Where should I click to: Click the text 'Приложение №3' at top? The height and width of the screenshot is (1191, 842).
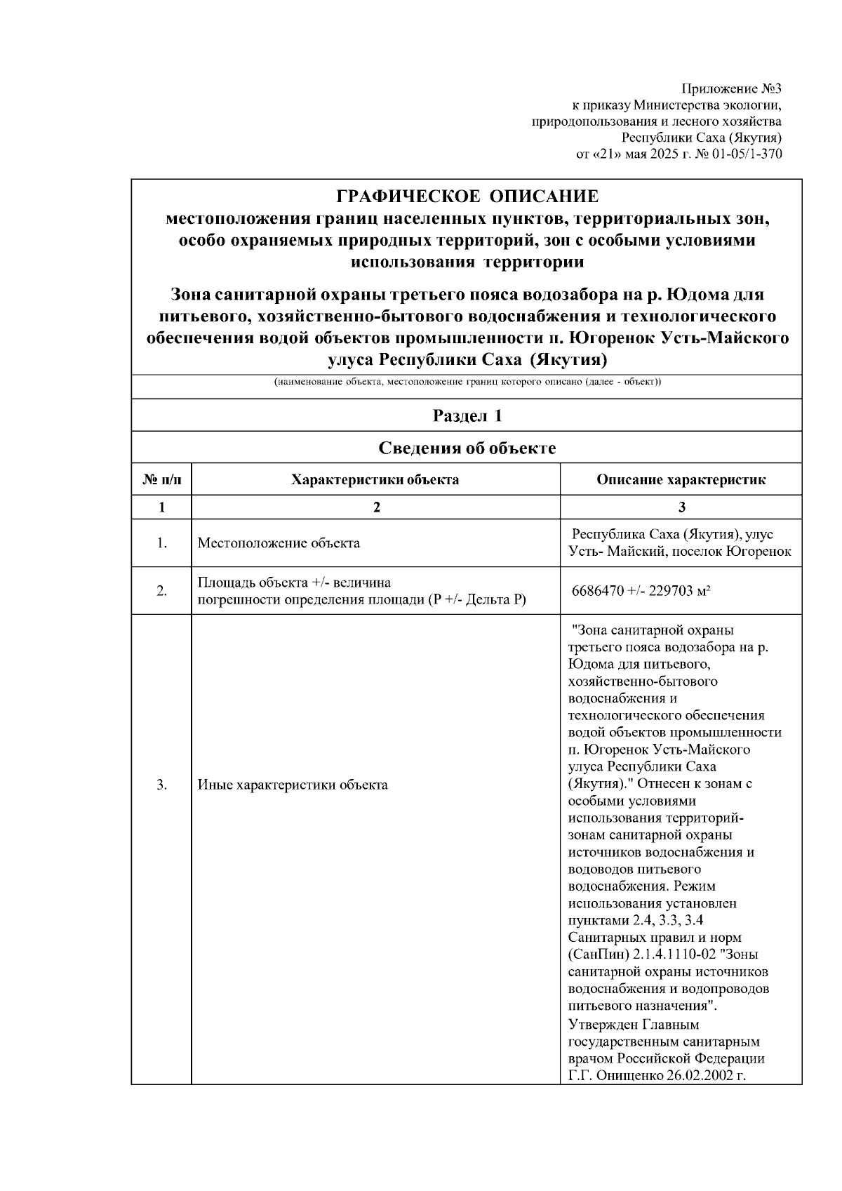pyautogui.click(x=731, y=89)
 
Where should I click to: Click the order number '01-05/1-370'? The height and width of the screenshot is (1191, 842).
pyautogui.click(x=747, y=154)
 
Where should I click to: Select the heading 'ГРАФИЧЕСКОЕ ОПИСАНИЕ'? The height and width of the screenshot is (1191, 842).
pyautogui.click(x=467, y=196)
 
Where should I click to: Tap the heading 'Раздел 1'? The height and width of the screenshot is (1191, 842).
pyautogui.click(x=467, y=415)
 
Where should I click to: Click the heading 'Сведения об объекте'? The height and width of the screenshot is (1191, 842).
pyautogui.click(x=467, y=448)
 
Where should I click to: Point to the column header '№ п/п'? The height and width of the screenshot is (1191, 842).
pyautogui.click(x=161, y=480)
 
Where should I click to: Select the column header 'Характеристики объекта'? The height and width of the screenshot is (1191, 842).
pyautogui.click(x=375, y=480)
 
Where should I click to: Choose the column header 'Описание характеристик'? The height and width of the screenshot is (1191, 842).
pyautogui.click(x=681, y=480)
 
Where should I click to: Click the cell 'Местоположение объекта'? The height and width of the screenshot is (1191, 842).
pyautogui.click(x=279, y=543)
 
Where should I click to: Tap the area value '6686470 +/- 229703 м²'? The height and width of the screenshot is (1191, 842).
pyautogui.click(x=642, y=591)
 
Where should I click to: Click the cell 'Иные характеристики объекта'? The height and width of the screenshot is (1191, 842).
pyautogui.click(x=293, y=785)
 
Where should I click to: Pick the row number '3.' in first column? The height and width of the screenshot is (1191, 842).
pyautogui.click(x=161, y=785)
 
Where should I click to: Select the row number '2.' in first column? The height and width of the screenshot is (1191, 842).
pyautogui.click(x=161, y=591)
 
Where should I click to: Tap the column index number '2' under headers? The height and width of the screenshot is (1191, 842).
pyautogui.click(x=375, y=507)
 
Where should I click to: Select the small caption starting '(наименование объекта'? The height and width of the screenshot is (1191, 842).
pyautogui.click(x=467, y=382)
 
